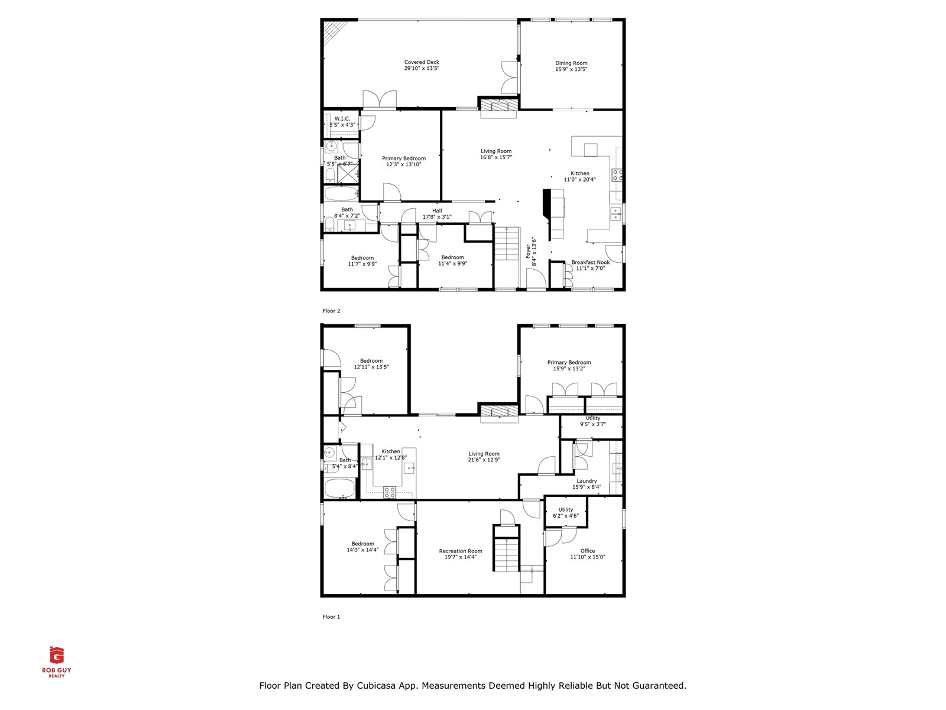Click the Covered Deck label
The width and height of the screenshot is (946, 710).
pos(422,62)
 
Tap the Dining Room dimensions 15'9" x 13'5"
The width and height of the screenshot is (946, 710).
pos(571,69)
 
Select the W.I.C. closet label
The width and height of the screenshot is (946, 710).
pos(342,119)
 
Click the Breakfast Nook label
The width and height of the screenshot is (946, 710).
pos(590,262)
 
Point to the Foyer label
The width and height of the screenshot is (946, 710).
pos(529,251)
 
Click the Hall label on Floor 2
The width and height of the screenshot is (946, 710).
pos(437,211)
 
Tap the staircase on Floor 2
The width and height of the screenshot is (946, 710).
pos(507,244)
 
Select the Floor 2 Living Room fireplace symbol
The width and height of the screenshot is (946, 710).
pos(498,105)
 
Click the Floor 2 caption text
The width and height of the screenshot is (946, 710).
pos(331,311)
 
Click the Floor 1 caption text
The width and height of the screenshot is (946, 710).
pos(331,617)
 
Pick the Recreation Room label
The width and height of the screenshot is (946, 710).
pos(461,551)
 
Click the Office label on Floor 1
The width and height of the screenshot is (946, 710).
pos(588,551)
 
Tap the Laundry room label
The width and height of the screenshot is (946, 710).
pos(587,481)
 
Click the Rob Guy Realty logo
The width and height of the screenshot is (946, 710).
pos(57,661)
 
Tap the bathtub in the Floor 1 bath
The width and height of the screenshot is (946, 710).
pos(339,489)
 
